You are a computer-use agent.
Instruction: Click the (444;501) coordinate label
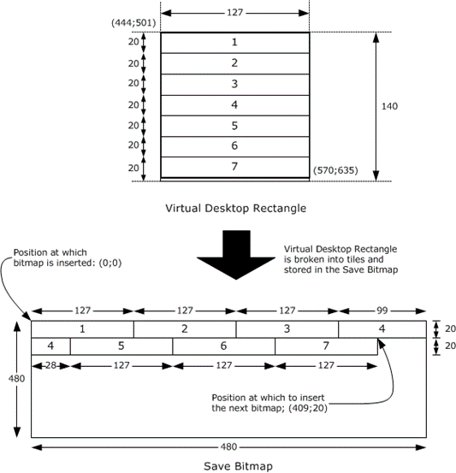(x=133, y=23)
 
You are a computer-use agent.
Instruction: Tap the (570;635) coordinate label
(x=335, y=170)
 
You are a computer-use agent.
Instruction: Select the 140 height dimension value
(x=389, y=106)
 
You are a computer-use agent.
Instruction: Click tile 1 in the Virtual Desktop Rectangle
(x=234, y=43)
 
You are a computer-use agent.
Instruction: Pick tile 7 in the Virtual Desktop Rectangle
(x=234, y=167)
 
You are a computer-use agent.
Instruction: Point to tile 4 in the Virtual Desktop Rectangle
(x=234, y=105)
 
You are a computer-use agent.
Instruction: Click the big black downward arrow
(x=236, y=255)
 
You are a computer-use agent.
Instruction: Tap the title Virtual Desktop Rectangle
(x=235, y=208)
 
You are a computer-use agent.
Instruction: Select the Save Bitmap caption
(x=238, y=466)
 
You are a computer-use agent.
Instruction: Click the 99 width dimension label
(x=382, y=310)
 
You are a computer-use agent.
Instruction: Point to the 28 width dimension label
(x=50, y=365)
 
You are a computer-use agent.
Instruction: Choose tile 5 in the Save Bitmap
(x=121, y=346)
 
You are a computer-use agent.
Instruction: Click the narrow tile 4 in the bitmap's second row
(x=50, y=346)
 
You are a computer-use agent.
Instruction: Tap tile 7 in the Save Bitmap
(x=326, y=346)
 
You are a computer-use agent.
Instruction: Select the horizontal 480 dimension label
(x=228, y=446)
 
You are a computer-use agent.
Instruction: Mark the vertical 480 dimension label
(x=16, y=379)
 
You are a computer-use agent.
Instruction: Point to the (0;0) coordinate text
(x=110, y=263)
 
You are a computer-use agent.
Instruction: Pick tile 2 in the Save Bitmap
(x=185, y=329)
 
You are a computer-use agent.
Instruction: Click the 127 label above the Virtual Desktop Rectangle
(x=234, y=13)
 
